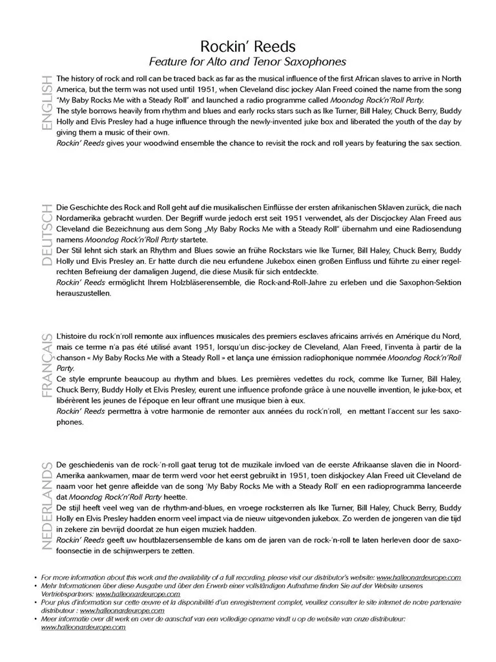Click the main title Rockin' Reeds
[248, 46]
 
